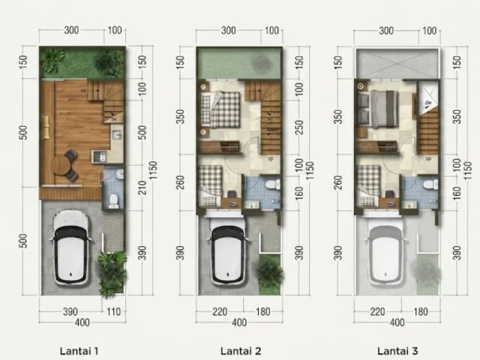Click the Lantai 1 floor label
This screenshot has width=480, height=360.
coord(79,351)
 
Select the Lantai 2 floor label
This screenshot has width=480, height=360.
coord(241,351)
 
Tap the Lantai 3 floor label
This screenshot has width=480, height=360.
coord(397,351)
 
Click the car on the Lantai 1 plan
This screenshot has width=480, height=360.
coord(71,247)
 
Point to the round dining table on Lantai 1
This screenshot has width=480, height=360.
coord(60,166)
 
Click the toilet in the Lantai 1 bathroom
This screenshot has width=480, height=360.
coord(113,200)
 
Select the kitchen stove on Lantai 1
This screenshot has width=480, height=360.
coord(99,157)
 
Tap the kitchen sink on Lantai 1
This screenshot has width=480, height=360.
coord(117,135)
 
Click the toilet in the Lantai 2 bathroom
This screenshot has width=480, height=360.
coord(272,184)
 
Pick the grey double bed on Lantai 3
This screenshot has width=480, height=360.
coord(378,109)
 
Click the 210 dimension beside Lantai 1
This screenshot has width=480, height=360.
coord(142,187)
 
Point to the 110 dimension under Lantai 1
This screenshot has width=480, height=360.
coord(113,312)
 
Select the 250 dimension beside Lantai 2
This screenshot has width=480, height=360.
coord(299,127)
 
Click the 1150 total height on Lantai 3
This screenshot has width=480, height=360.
coord(466,171)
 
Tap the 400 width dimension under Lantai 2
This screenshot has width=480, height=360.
coord(239,322)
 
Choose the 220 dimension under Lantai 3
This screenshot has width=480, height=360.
coord(377,312)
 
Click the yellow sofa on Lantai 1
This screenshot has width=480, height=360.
coord(46,127)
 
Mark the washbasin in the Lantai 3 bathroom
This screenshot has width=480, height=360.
coord(411,204)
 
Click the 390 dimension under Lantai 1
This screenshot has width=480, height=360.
coord(70,312)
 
